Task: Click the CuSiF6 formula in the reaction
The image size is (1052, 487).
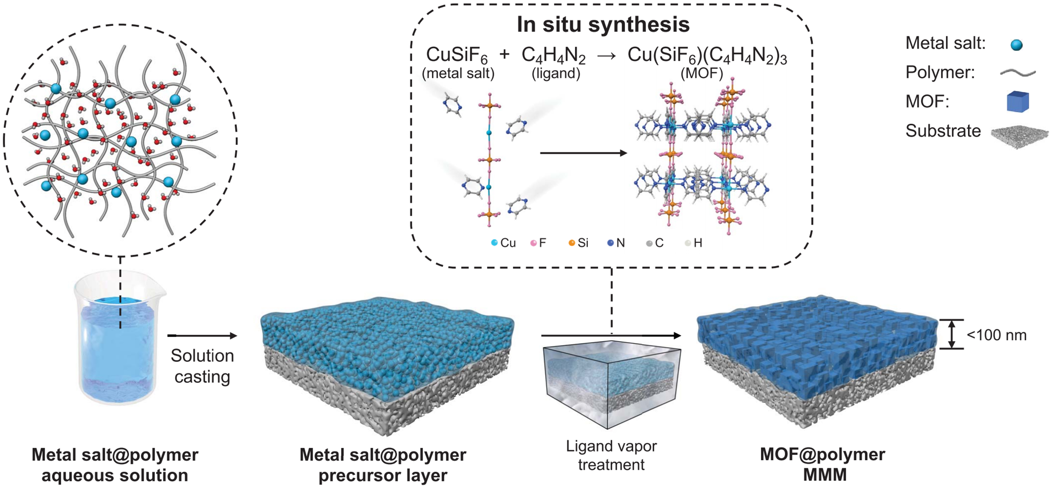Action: tap(457, 55)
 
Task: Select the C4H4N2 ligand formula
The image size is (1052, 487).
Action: tap(553, 55)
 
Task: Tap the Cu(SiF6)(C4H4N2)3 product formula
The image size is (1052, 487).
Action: tap(707, 55)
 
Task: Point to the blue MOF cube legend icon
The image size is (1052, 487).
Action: tap(1017, 102)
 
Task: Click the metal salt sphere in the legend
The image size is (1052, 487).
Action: tap(1016, 44)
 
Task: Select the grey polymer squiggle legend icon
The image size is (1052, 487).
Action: tap(1017, 73)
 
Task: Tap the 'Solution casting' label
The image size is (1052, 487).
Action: tap(202, 366)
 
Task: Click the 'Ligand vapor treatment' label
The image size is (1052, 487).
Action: tap(611, 455)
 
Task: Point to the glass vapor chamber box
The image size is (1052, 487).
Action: tap(611, 383)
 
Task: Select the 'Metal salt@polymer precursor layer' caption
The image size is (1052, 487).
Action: tap(383, 465)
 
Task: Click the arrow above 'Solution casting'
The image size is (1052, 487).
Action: tap(202, 336)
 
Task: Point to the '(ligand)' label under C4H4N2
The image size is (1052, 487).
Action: tap(555, 73)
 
